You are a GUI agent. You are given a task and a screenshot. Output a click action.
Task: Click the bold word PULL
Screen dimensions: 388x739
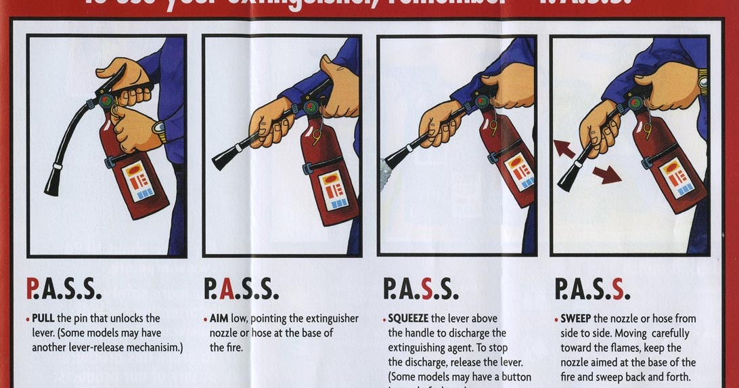pos(43,318)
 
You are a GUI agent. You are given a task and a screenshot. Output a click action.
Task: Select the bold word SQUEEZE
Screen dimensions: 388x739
pos(408,318)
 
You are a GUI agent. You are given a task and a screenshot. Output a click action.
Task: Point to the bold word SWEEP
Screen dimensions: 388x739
pos(575,318)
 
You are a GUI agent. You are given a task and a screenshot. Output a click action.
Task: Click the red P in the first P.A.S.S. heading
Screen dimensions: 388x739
pos(32,289)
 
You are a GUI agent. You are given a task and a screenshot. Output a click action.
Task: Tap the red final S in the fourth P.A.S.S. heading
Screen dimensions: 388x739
pos(617,289)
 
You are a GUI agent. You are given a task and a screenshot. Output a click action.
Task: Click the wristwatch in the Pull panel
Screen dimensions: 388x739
pos(160,130)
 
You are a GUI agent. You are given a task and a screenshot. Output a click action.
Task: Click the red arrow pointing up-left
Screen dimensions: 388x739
pos(564,148)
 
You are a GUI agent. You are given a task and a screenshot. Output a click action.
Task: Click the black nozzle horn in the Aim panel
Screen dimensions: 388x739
pos(226,158)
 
